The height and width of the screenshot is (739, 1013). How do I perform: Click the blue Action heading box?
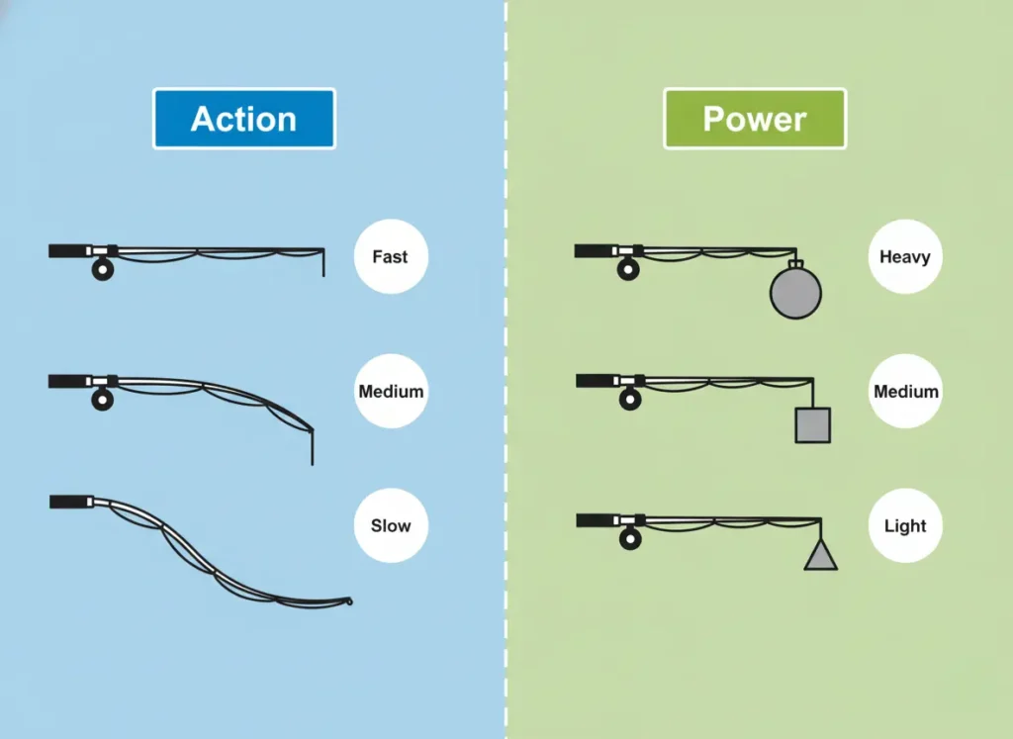243,119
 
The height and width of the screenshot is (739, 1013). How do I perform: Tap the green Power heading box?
755,119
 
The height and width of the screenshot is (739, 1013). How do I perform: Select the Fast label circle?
390,257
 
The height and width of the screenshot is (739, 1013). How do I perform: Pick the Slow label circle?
390,525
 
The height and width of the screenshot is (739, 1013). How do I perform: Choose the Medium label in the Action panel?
390,392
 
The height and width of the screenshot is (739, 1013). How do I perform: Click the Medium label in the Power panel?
905,392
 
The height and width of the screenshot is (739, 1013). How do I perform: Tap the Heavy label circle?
905,257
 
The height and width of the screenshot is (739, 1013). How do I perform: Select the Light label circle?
905,525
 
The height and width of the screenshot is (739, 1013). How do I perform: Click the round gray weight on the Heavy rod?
795,293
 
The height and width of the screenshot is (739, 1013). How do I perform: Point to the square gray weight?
812,425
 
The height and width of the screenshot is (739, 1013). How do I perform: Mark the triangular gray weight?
820,557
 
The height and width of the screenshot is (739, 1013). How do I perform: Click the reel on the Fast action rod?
102,269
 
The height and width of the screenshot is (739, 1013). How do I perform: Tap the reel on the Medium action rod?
102,400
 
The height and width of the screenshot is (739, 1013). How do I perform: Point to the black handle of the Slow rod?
68,502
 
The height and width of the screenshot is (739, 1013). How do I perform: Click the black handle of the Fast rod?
67,251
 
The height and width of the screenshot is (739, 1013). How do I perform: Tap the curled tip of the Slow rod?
347,600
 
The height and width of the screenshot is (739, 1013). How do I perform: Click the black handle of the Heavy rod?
594,251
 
